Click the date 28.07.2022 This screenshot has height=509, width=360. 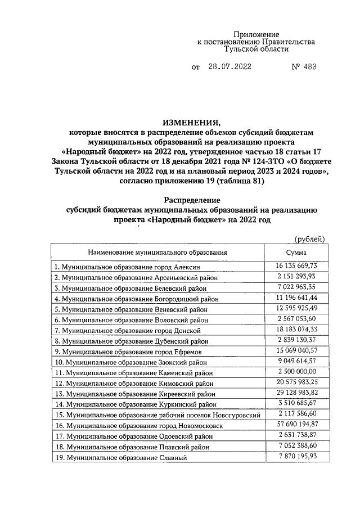(x=230, y=67)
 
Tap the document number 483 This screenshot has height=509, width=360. (x=309, y=67)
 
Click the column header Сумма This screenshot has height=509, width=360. (x=296, y=253)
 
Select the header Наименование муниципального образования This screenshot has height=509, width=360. (x=157, y=253)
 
